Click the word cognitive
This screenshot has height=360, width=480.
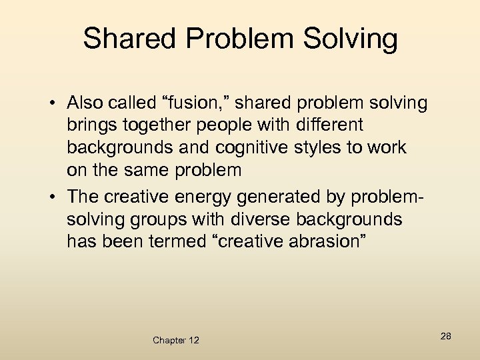pos(240,147)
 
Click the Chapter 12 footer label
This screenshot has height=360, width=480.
pos(175,340)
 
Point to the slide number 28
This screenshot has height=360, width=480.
pos(445,336)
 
